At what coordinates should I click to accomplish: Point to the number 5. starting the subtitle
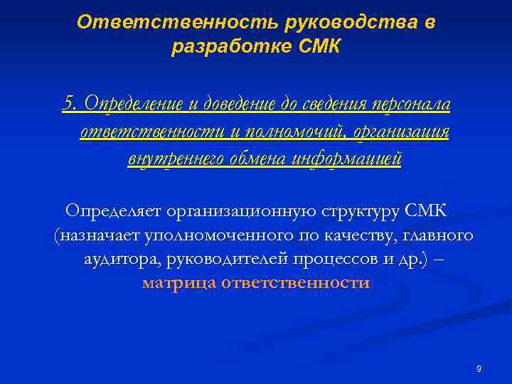point(70,105)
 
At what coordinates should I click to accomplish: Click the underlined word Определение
point(133,105)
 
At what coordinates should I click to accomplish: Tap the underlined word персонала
point(410,105)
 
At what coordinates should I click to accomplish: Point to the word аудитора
point(122,258)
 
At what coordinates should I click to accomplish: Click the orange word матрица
point(179,282)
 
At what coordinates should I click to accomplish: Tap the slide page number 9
point(479,369)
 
